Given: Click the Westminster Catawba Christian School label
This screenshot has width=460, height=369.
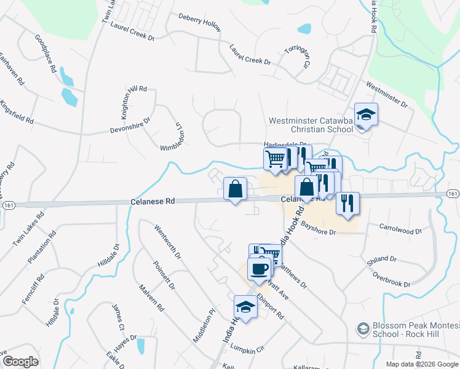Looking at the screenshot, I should pos(311,125).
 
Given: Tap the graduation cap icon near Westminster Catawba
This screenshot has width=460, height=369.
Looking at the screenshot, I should pos(366,115).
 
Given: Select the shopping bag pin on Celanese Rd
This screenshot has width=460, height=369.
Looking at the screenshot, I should pos(235,189).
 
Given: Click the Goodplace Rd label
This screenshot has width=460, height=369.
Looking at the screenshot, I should pos(47,54).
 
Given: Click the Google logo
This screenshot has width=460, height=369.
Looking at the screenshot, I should pos(20,362).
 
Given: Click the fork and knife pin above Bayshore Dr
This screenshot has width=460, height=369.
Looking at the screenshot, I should pos(348,204).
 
